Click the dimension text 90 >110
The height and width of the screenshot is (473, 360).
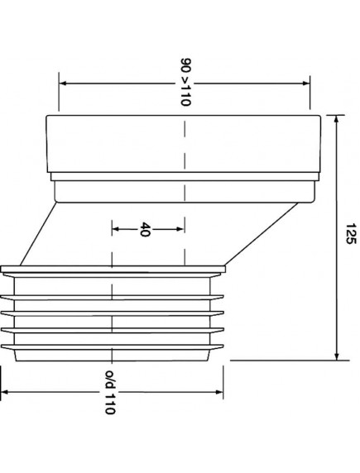(x=184, y=83)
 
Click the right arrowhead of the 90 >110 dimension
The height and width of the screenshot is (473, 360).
(x=306, y=83)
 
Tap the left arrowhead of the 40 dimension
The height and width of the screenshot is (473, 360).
(x=114, y=229)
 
